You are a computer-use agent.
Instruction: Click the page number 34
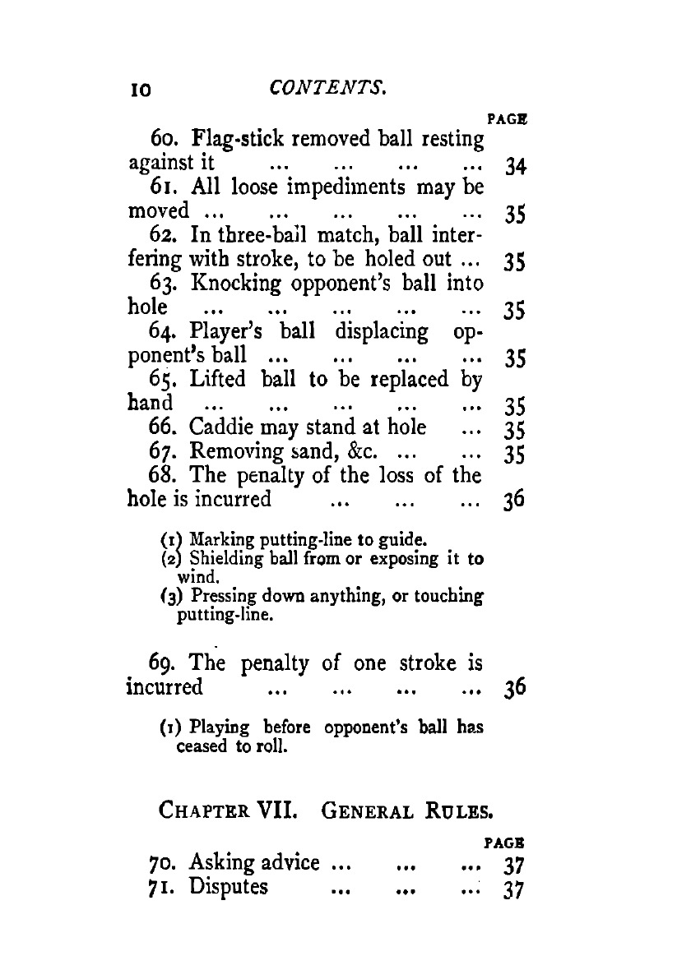click(x=515, y=168)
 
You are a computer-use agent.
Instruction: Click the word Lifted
click(x=221, y=381)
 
